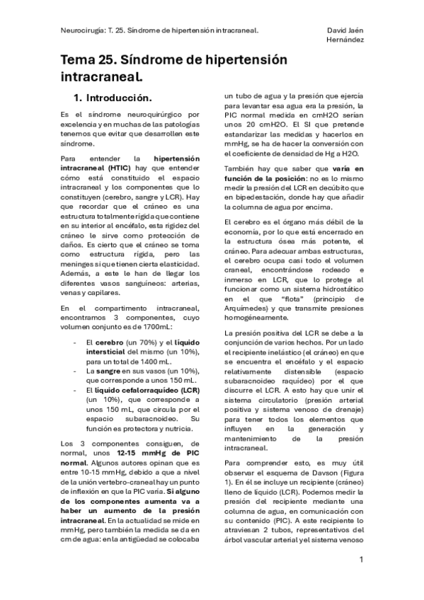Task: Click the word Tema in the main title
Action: tap(81, 62)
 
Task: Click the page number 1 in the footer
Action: tap(361, 560)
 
